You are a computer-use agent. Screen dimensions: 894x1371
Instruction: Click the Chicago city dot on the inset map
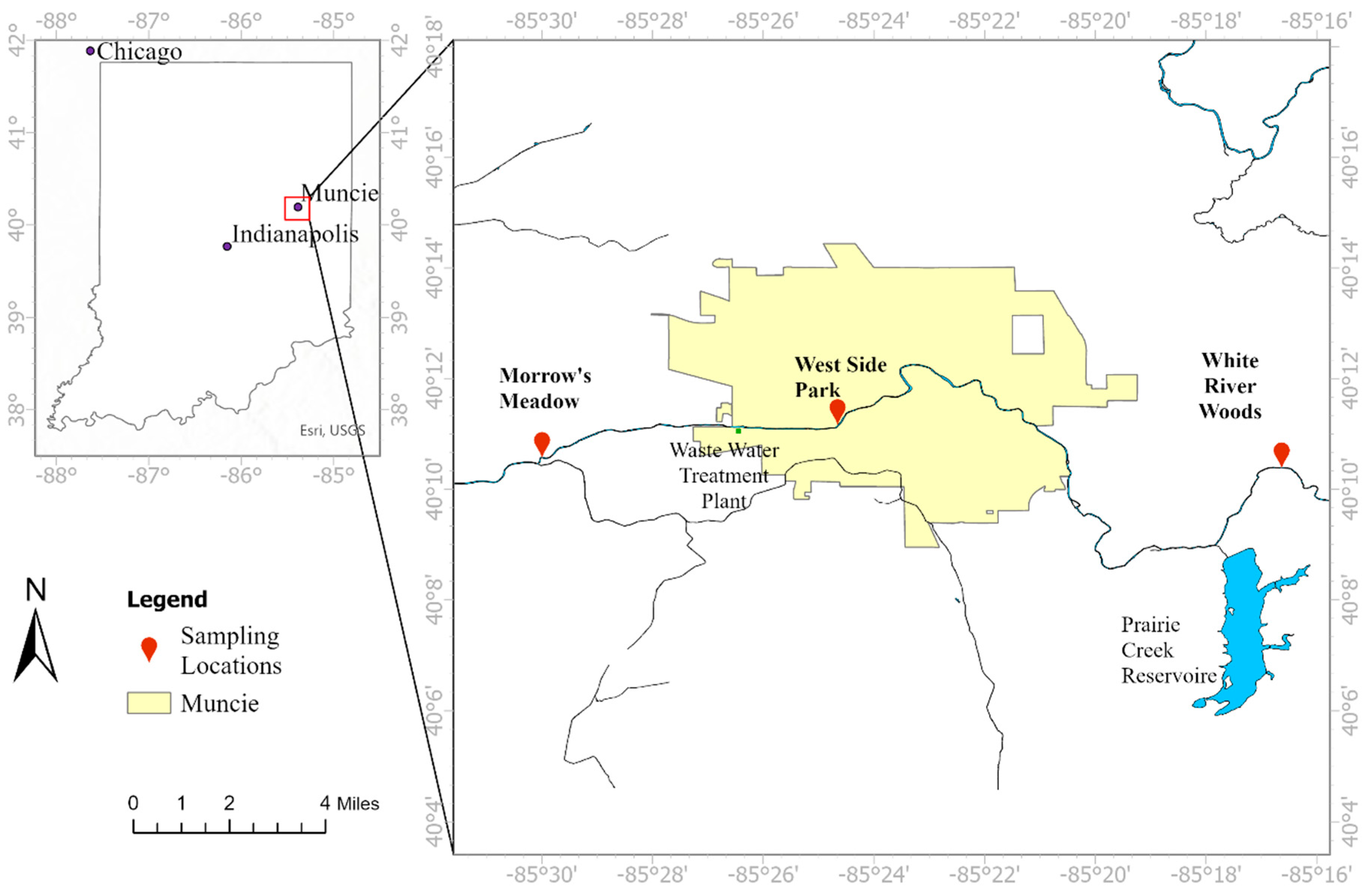click(x=90, y=51)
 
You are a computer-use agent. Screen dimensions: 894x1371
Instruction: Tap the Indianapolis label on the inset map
click(x=295, y=234)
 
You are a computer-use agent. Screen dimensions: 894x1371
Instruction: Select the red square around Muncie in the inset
click(x=297, y=209)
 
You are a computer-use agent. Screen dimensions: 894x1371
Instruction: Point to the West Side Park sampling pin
click(x=837, y=410)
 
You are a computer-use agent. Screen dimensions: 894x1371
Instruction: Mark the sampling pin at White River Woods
click(x=1281, y=453)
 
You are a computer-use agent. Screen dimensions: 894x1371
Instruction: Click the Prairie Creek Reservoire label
click(x=1168, y=650)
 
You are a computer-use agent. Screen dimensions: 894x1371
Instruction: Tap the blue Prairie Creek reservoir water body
click(x=1244, y=634)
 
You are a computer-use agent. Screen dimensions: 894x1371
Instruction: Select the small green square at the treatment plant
click(x=738, y=430)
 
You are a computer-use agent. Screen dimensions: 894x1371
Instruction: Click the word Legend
click(x=167, y=600)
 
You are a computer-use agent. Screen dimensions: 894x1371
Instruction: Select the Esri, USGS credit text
click(x=332, y=430)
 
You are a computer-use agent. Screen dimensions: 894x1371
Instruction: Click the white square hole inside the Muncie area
click(x=1028, y=334)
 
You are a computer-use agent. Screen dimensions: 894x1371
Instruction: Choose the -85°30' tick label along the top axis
click(x=542, y=22)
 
